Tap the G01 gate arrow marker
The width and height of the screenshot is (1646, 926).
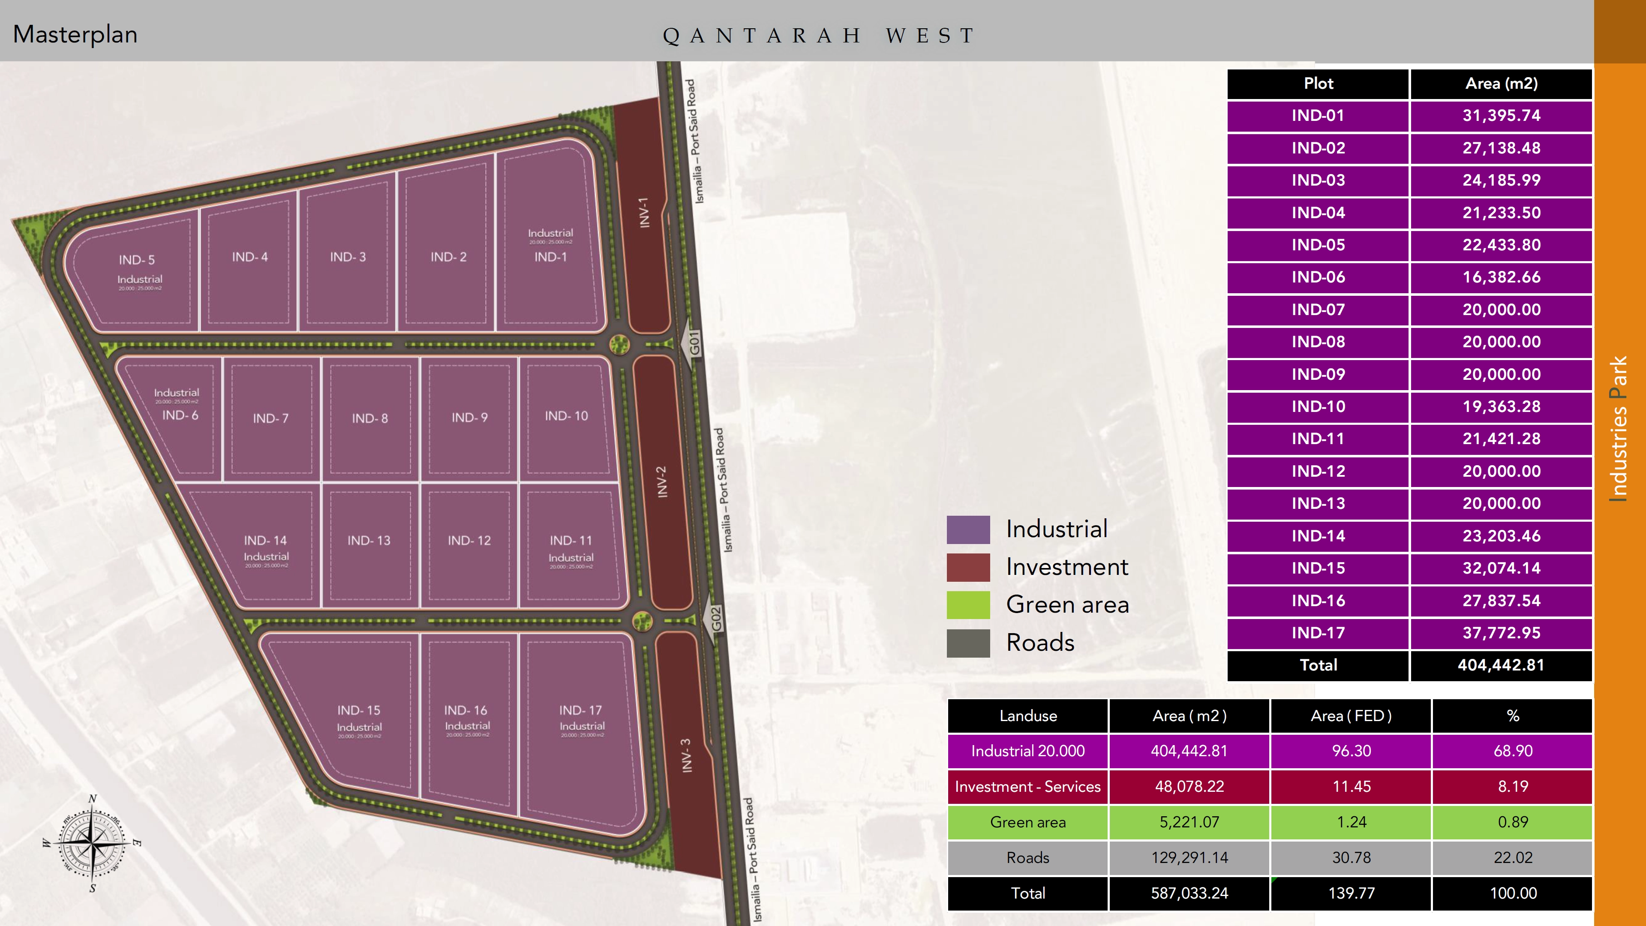click(694, 344)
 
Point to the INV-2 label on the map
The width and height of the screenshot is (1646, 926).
click(662, 482)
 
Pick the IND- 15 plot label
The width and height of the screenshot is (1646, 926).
click(358, 710)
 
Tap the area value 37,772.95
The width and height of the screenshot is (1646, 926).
click(1501, 633)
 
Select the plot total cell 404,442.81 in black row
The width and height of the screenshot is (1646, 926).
click(1501, 665)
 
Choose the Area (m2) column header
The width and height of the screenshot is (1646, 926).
click(1501, 84)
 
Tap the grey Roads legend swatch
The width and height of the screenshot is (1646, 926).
click(968, 643)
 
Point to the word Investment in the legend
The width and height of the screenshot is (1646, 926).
click(1067, 567)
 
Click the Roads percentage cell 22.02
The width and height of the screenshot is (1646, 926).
click(1512, 857)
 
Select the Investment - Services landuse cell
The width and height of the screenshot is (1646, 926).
click(1027, 787)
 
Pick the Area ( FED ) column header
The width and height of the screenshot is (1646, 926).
click(1351, 716)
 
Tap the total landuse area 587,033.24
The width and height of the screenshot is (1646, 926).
click(1189, 893)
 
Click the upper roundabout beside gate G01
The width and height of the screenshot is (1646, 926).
click(619, 344)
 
